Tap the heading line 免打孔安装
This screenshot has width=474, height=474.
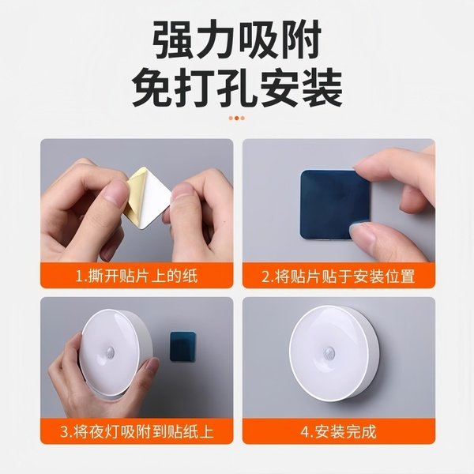click(236, 88)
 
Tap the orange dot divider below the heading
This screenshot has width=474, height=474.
click(236, 118)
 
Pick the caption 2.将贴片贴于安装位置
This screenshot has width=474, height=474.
click(338, 276)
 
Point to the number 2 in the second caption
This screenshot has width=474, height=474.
click(266, 276)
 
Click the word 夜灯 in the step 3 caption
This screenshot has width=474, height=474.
click(112, 432)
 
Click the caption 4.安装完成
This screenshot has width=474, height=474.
click(338, 432)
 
